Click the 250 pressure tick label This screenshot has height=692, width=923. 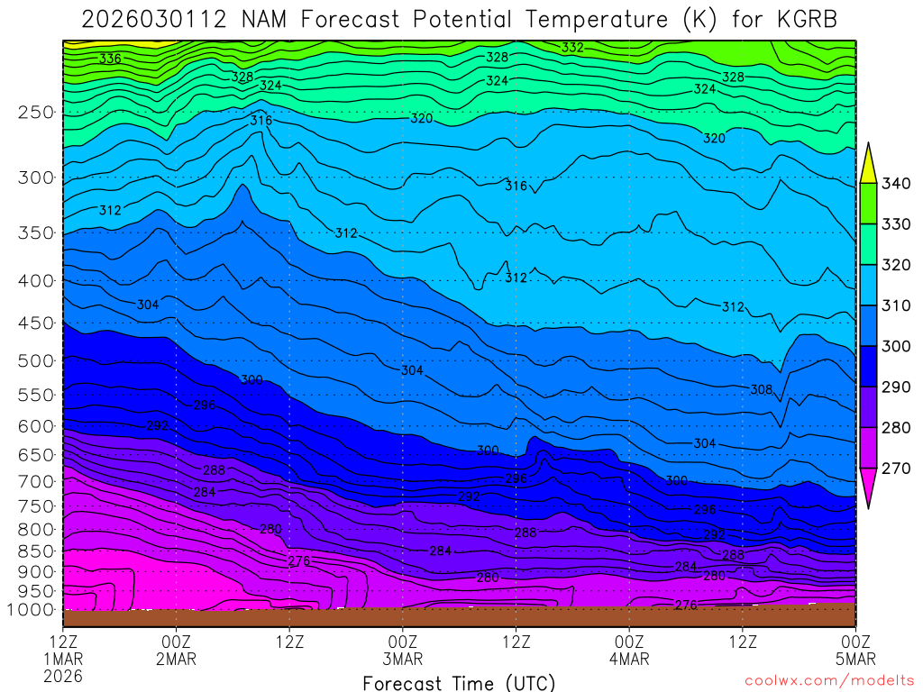coord(36,113)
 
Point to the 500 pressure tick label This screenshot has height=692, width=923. coord(36,361)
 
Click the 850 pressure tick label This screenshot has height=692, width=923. coord(36,551)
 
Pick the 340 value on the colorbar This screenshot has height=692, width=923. coord(898,184)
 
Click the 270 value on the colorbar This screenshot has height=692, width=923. coord(898,468)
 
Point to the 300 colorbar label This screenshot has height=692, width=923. coord(898,346)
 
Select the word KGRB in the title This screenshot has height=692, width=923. coord(805,19)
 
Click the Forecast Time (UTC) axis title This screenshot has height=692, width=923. coord(459,682)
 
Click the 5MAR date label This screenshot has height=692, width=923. coord(854,659)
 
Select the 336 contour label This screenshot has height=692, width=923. coord(110,59)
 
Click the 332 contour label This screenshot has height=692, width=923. coord(573,47)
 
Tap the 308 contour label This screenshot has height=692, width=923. coord(762,389)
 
